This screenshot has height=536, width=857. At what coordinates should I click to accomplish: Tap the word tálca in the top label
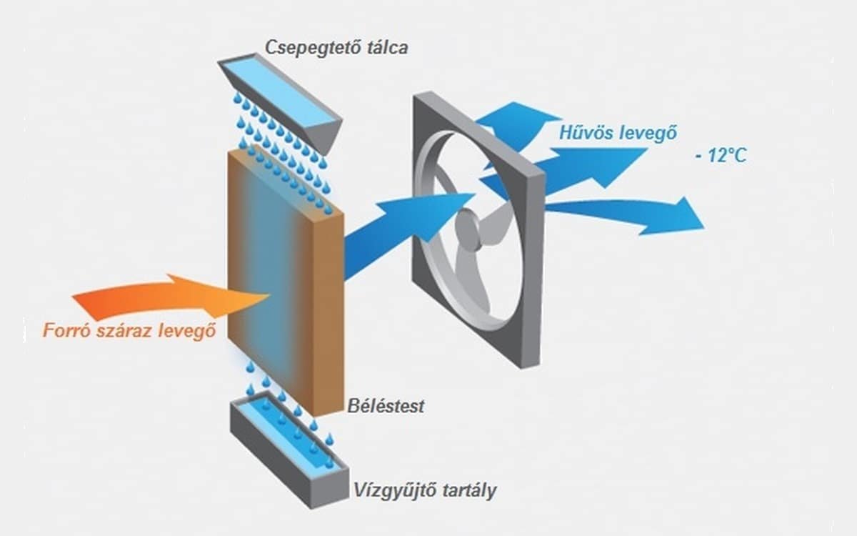(x=386, y=48)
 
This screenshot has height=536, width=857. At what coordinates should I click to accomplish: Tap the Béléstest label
(x=386, y=406)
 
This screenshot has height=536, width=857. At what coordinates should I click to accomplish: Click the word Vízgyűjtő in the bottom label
(x=392, y=491)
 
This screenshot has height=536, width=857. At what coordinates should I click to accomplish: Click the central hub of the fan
(x=469, y=228)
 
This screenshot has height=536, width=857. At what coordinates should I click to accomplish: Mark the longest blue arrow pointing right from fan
(x=628, y=214)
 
